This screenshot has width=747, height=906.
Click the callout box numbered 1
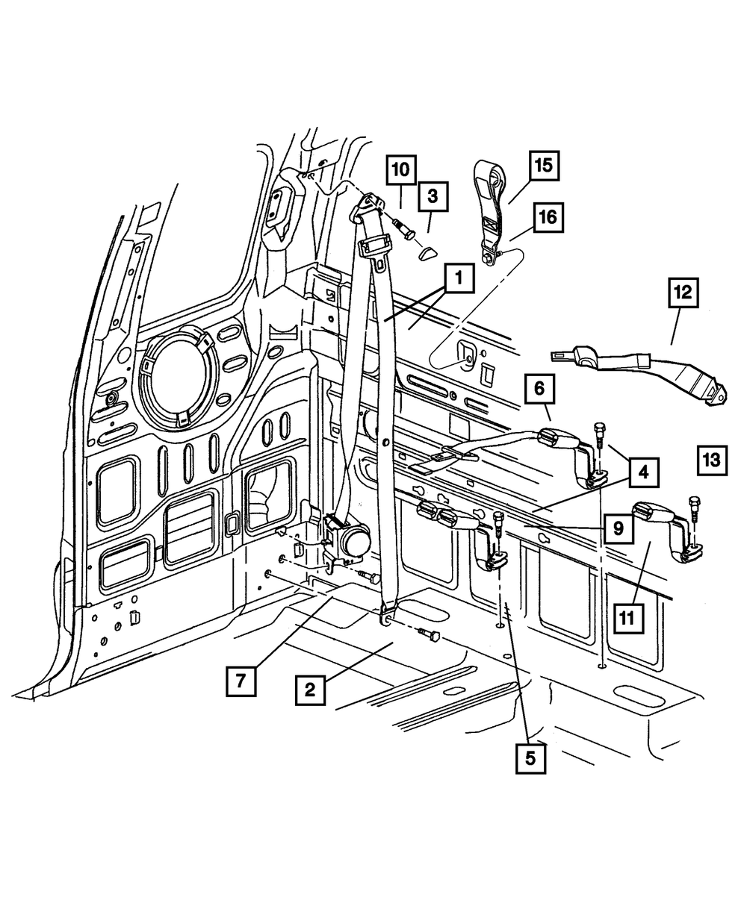458,281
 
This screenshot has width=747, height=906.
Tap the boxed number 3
433,199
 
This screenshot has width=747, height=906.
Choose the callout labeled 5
530,758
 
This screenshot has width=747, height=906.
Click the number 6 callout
543,389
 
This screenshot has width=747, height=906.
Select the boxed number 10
401,169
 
